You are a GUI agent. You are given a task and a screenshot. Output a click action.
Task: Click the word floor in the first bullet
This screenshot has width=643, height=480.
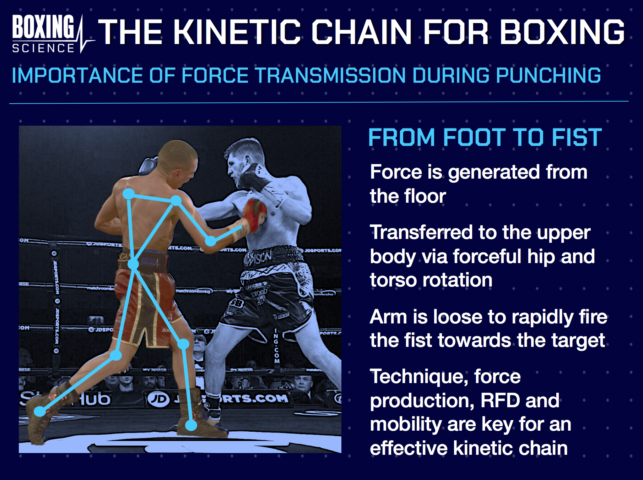425,196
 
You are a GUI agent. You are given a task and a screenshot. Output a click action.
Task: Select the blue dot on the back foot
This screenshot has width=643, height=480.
40,411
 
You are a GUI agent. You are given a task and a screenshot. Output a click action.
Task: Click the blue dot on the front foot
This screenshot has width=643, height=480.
191,425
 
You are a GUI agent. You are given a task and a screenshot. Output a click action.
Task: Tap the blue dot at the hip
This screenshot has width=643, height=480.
133,264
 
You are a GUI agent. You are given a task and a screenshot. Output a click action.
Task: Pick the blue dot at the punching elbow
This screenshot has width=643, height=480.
211,241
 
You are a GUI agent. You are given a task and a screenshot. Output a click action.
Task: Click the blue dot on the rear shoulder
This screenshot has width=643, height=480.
128,194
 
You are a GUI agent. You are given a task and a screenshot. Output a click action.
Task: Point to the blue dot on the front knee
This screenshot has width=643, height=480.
183,344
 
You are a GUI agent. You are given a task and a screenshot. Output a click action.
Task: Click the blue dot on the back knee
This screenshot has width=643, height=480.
116,355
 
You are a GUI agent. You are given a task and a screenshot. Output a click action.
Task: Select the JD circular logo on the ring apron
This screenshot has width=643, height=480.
158,399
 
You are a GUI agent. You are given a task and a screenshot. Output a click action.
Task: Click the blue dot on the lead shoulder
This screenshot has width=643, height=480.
176,201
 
